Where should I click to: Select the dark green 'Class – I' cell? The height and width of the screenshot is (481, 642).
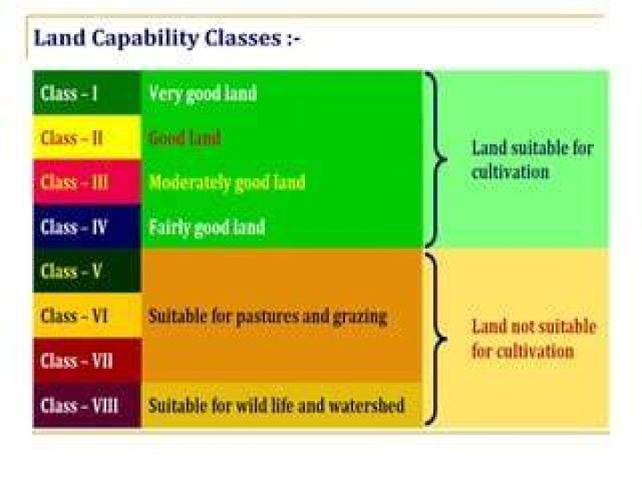[86, 93]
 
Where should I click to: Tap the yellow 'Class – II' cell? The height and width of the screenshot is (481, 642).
[86, 137]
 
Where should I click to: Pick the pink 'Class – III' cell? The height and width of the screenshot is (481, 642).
[86, 182]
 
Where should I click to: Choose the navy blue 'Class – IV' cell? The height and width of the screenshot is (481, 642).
[86, 226]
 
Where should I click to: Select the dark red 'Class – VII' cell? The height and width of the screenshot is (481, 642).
[86, 361]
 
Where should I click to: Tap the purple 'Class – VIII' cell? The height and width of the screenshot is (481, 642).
[86, 405]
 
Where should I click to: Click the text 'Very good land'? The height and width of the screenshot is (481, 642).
[202, 94]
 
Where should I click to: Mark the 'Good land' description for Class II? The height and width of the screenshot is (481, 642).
[185, 137]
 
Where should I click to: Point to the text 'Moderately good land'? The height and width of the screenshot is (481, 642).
[226, 183]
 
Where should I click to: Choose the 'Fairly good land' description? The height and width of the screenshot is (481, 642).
[207, 227]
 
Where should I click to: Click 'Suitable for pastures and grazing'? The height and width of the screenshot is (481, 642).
[267, 317]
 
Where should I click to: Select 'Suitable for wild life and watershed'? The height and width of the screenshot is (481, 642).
[276, 405]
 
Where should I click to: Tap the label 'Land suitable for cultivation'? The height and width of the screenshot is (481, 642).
[532, 159]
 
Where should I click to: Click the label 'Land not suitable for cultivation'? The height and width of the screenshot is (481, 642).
[533, 338]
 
